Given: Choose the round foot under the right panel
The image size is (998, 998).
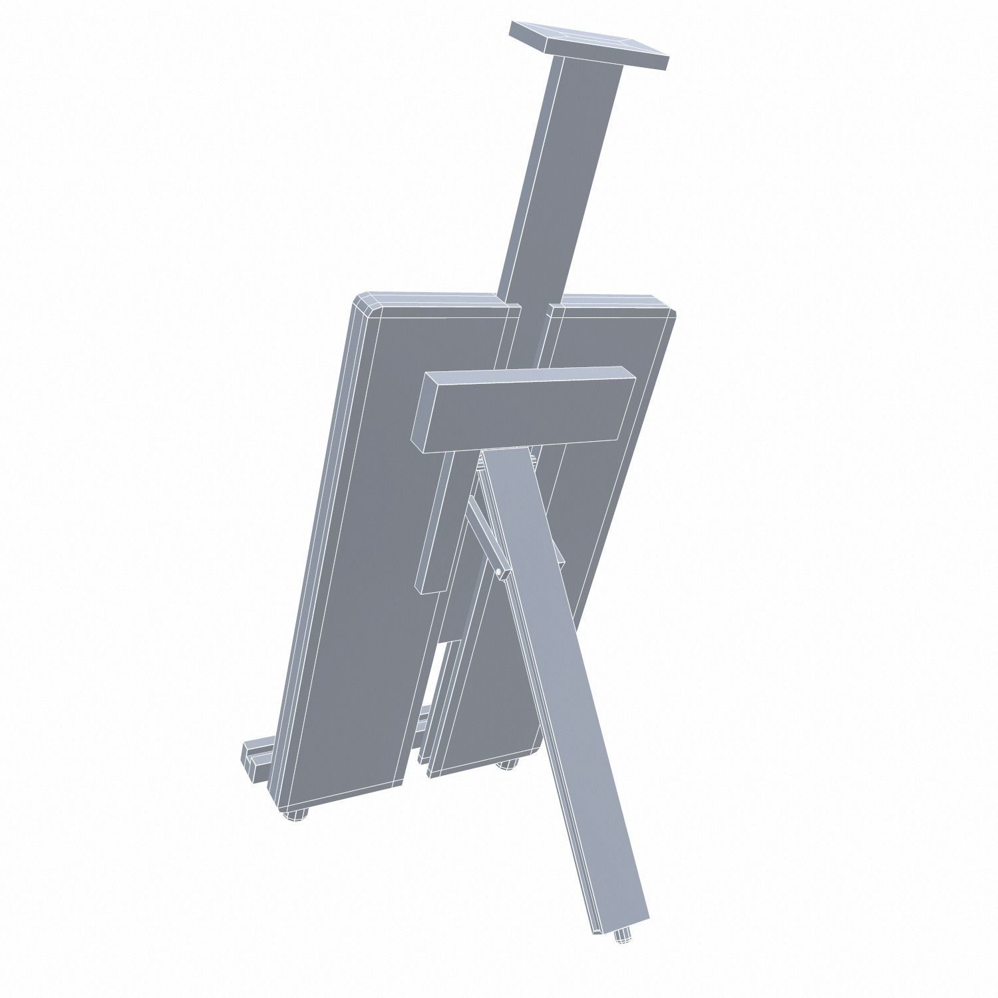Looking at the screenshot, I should click(x=507, y=766).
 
